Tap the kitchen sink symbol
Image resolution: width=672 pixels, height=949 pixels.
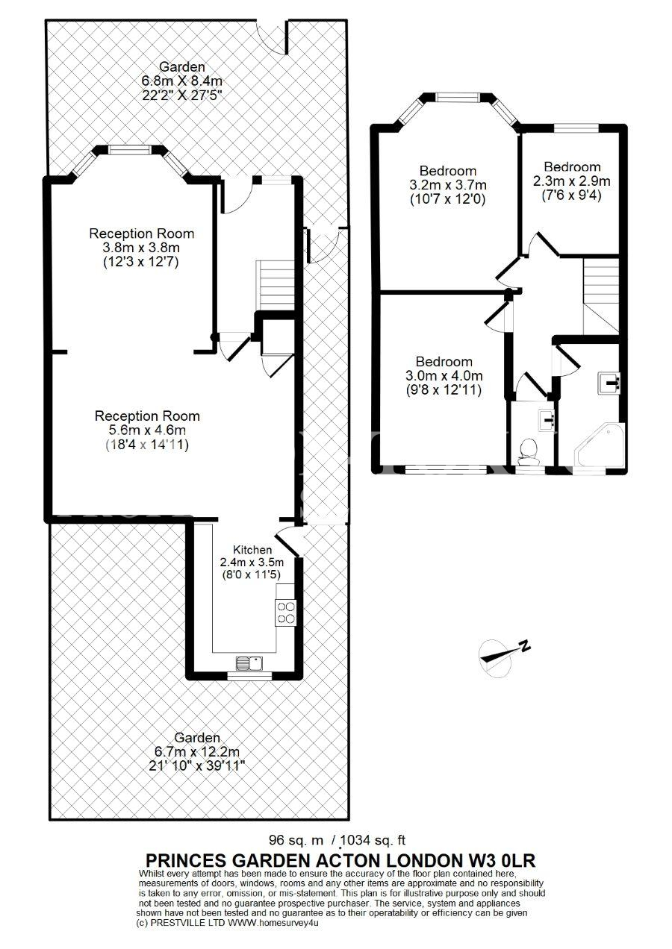(250, 663)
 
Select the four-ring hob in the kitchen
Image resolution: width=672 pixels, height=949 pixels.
(286, 613)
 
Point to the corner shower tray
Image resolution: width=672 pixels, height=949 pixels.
(600, 445)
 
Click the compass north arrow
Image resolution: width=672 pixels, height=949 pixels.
(505, 654)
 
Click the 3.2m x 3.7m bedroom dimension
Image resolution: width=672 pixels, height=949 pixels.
(448, 185)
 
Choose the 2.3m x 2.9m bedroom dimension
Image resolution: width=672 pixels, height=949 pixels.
(571, 181)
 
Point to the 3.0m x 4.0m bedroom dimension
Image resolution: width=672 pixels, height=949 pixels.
(444, 376)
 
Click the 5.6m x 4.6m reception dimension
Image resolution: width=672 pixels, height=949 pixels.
(147, 430)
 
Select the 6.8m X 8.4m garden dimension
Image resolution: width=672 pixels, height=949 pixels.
(182, 81)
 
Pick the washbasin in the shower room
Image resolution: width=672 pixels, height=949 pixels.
(609, 383)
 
